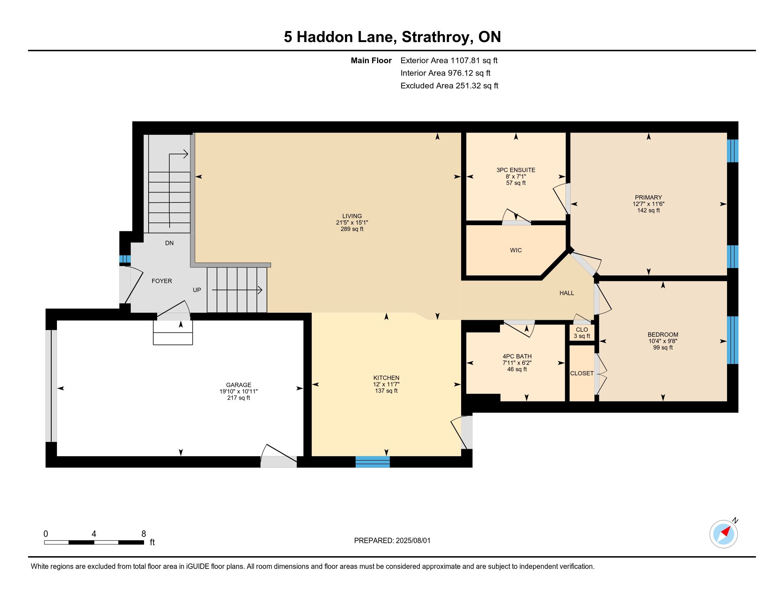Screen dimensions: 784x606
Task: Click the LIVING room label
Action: [352, 216]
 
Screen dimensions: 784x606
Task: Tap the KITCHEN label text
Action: [386, 378]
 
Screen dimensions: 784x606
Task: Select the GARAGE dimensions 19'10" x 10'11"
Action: [239, 391]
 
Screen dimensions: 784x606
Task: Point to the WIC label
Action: [516, 250]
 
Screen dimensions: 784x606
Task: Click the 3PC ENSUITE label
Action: [516, 170]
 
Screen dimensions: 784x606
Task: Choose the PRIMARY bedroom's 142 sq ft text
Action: [648, 210]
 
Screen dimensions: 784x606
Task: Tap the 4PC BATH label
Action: [517, 356]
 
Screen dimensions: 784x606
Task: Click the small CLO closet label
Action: [582, 330]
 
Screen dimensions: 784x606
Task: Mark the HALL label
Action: [567, 293]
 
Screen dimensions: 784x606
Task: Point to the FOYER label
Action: [161, 281]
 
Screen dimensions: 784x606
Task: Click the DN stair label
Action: [169, 243]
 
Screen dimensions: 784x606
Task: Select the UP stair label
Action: [197, 290]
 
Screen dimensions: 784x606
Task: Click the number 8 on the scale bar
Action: [144, 534]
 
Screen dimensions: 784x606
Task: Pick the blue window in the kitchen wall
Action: [373, 462]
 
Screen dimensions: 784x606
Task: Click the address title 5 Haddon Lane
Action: [340, 37]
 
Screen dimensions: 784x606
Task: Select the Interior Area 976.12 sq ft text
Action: [445, 73]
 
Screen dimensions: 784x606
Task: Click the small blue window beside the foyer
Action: [125, 259]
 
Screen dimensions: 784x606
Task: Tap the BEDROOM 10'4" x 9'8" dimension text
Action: [663, 341]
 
